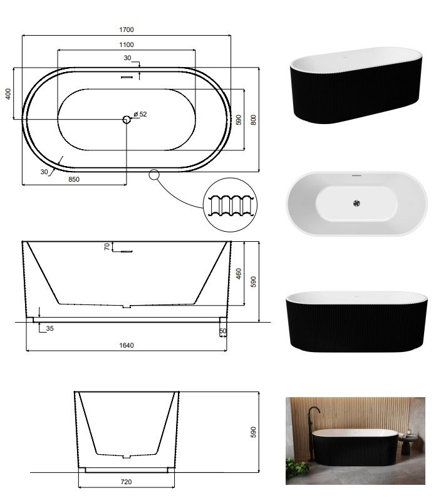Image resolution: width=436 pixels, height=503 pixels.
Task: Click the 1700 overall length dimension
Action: [x=127, y=29]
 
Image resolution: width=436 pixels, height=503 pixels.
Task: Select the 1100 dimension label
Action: [x=127, y=44]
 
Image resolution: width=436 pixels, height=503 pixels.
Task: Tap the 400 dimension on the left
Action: [x=8, y=94]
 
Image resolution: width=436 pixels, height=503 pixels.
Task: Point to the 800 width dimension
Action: [x=254, y=120]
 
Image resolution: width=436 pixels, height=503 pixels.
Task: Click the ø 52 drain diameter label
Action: [x=140, y=114]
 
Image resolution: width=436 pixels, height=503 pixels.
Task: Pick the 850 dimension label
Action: [x=74, y=179]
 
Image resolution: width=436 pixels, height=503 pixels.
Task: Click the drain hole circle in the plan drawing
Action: [x=127, y=120]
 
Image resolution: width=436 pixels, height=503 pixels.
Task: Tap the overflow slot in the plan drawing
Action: [x=127, y=77]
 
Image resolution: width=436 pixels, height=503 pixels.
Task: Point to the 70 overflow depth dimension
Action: [x=107, y=246]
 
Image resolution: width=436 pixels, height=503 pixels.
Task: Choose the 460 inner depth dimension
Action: [x=239, y=274]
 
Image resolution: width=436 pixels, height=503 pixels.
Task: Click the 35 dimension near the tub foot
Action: [x=49, y=328]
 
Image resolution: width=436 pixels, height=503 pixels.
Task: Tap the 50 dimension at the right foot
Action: [x=223, y=331]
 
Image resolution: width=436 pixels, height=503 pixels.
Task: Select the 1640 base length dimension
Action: [x=127, y=346]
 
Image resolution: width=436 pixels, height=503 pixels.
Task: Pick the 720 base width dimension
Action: [x=127, y=482]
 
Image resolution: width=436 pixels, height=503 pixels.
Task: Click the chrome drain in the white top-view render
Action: [x=356, y=203]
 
